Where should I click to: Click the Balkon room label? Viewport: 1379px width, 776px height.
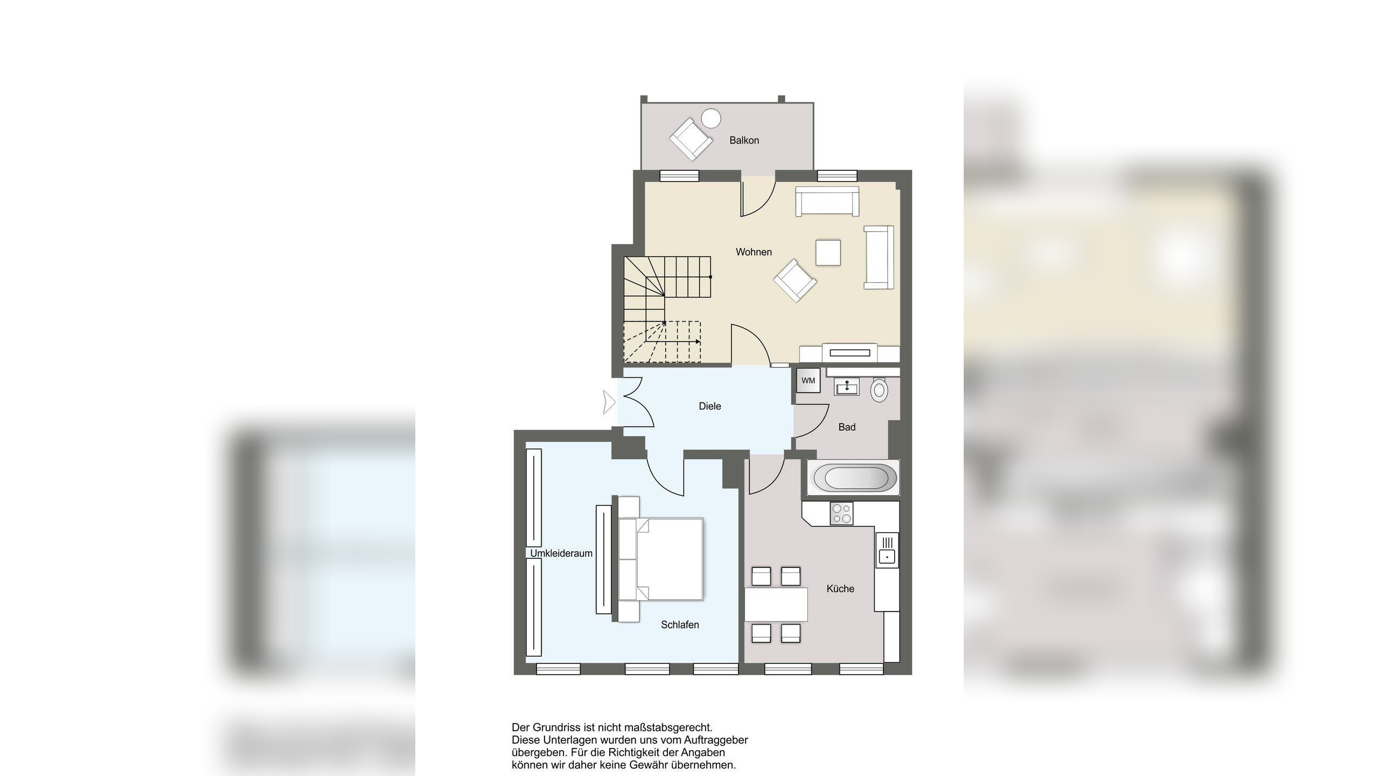(744, 140)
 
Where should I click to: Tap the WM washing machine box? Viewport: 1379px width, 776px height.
(808, 380)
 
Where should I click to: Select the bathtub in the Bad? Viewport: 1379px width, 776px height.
(854, 477)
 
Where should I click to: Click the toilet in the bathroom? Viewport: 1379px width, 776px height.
(879, 389)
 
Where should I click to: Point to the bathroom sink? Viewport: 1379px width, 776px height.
(847, 386)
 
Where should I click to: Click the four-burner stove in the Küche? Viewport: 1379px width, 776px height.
(841, 514)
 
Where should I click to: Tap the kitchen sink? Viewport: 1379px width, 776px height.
(887, 550)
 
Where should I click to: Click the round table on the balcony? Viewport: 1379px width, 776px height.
(711, 118)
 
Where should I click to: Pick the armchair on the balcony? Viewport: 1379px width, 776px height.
(690, 139)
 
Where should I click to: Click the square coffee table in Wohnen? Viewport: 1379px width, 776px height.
(828, 252)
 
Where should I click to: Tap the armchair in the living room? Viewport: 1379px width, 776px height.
(795, 280)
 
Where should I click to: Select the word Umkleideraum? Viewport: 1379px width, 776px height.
(561, 553)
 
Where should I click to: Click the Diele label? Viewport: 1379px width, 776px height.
(709, 406)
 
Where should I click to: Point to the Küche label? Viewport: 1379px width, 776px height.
(840, 588)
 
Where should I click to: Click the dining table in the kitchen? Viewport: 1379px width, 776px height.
(776, 604)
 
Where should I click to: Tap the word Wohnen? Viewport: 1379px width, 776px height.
(754, 252)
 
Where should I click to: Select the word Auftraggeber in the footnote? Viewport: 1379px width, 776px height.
(716, 740)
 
